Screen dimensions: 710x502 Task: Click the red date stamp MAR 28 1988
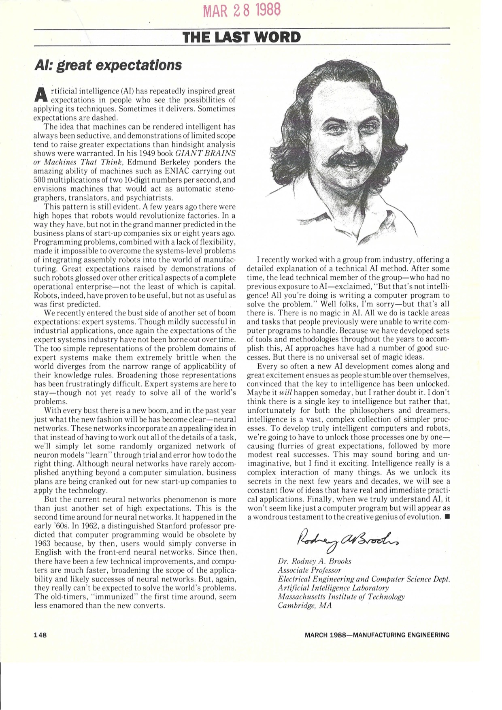tap(241, 10)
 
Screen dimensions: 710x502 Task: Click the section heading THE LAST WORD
tap(242, 37)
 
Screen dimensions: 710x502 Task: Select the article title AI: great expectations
tap(108, 65)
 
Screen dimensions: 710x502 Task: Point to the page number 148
tap(40, 635)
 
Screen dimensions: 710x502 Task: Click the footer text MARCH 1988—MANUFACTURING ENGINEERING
tap(377, 635)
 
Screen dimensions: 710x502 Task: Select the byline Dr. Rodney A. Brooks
tap(315, 561)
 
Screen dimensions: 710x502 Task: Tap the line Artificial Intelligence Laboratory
tap(333, 588)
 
